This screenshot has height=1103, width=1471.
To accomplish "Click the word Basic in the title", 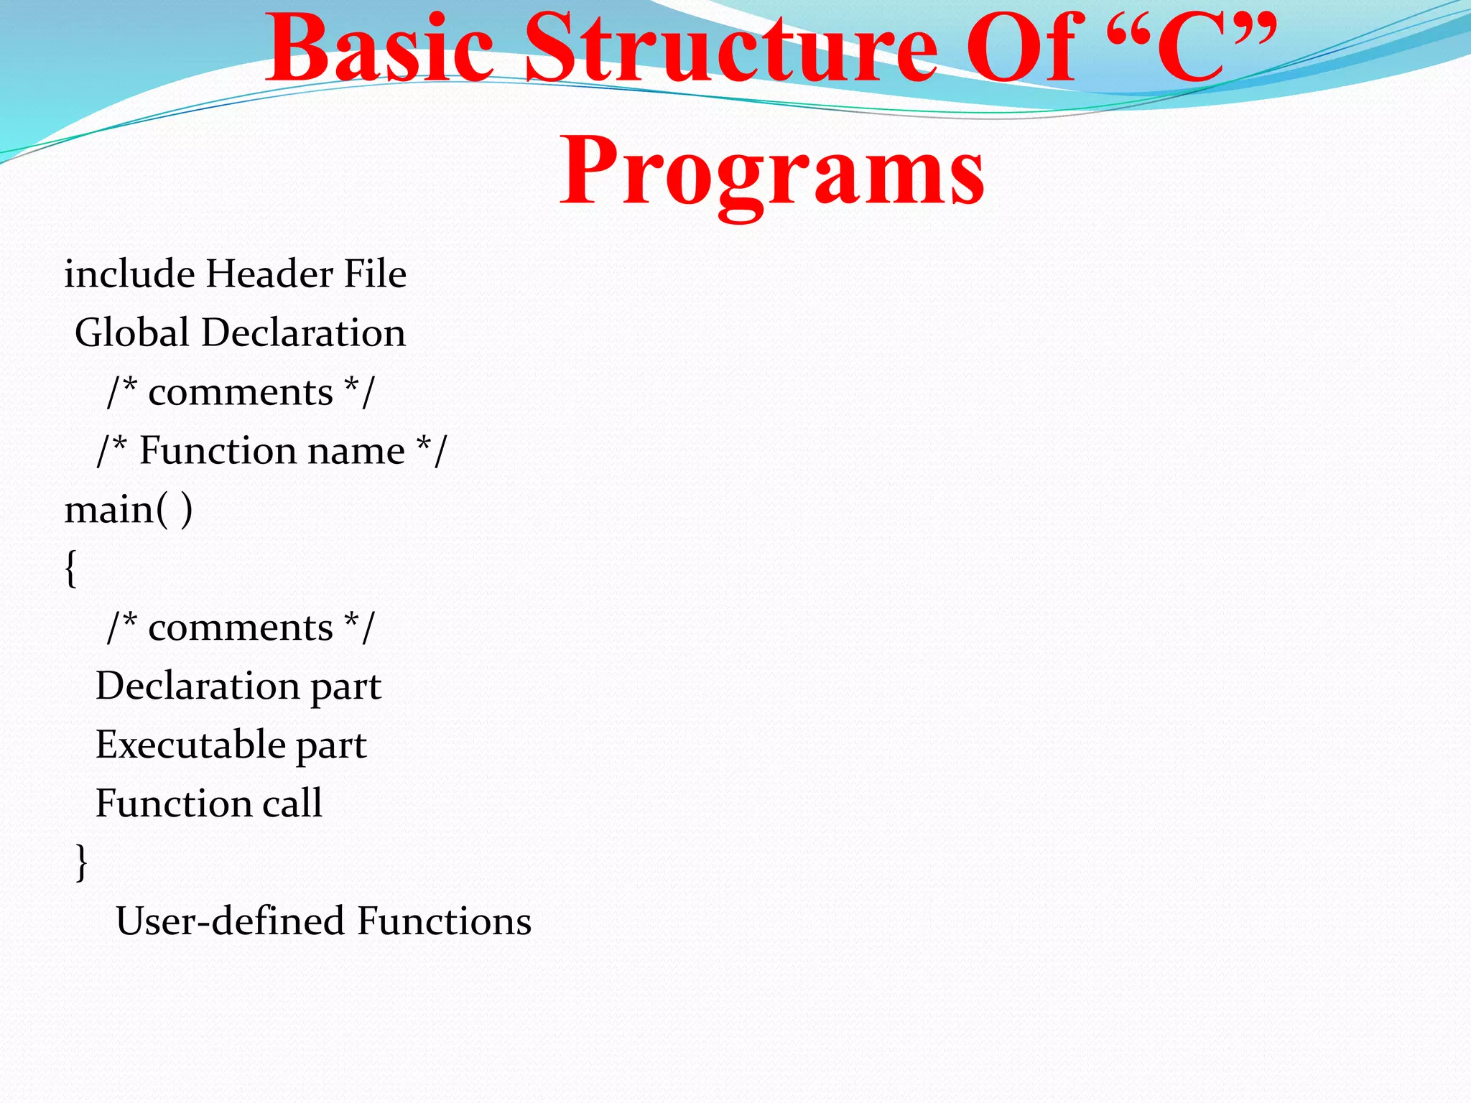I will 379,50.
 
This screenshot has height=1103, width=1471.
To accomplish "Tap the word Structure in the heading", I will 731,50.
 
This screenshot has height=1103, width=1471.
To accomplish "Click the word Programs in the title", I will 772,172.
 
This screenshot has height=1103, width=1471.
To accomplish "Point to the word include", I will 129,274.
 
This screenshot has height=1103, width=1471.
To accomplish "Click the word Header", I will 269,274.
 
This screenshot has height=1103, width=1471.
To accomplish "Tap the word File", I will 374,274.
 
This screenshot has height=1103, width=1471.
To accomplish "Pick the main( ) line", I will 129,511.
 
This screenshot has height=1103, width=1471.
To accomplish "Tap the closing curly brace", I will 82,862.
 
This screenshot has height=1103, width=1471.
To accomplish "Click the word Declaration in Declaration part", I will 197,687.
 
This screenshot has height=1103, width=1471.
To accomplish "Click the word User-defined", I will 231,921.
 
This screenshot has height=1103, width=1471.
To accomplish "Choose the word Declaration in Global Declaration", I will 303,333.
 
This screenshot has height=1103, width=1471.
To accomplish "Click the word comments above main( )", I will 241,393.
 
